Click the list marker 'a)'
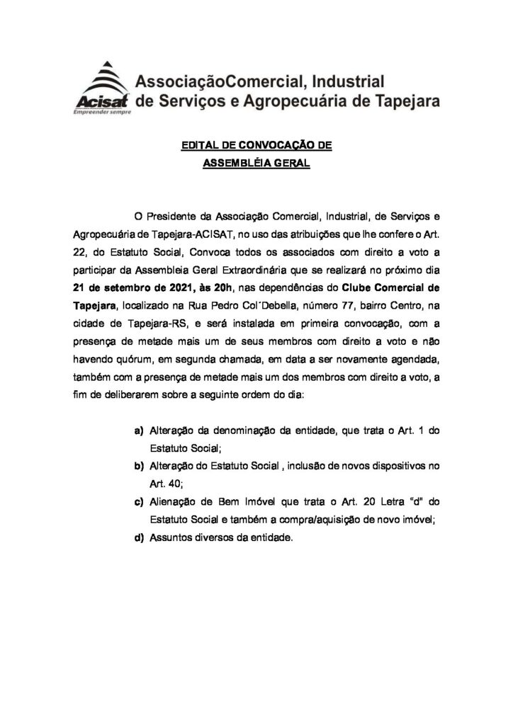pyautogui.click(x=140, y=431)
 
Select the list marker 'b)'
pyautogui.click(x=140, y=467)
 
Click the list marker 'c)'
pyautogui.click(x=140, y=502)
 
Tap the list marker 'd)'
pyautogui.click(x=140, y=537)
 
